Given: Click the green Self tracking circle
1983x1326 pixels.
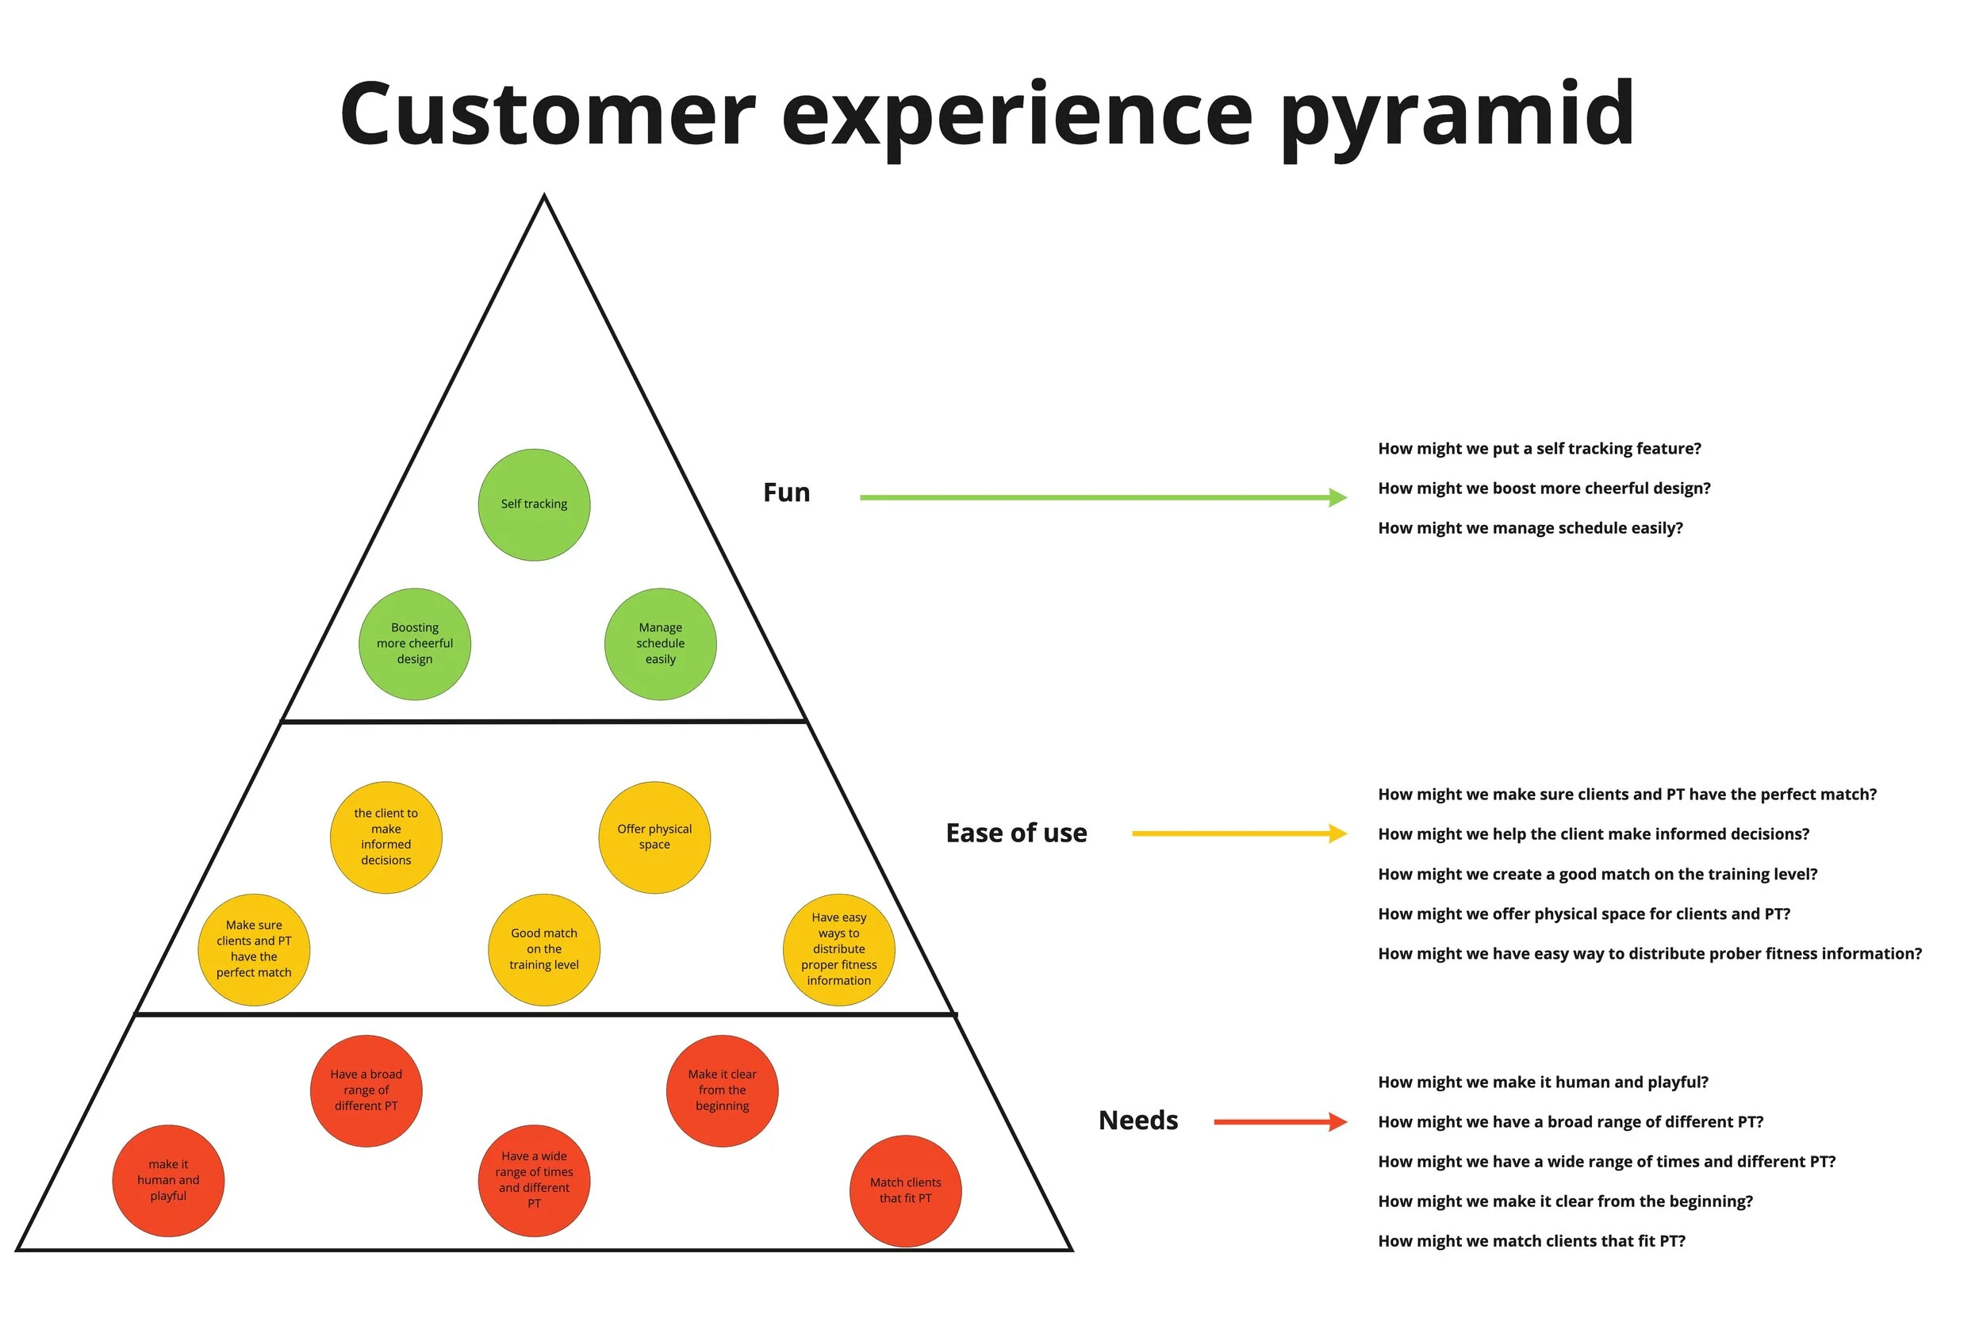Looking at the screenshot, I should coord(534,505).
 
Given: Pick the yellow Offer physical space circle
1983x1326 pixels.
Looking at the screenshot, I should coord(654,837).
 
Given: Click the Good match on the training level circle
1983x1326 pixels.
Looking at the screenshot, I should coord(544,949).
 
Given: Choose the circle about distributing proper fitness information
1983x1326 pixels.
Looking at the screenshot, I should coord(838,949).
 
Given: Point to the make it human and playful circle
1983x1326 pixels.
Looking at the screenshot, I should coord(168,1181).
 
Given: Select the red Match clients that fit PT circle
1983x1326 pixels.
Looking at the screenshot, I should coord(905,1190).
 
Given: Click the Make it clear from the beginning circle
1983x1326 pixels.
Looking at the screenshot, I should coord(721,1091).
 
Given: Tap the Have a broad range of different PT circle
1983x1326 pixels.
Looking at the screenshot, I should coord(366,1091).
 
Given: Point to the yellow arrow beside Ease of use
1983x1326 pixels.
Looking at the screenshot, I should coord(1238,834).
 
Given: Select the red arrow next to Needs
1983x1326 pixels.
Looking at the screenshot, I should coord(1279,1122).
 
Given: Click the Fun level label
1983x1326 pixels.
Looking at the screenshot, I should coord(785,492).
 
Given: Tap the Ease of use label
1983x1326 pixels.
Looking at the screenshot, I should coord(1015,833).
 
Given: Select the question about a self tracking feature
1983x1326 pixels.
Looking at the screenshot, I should coord(1539,448).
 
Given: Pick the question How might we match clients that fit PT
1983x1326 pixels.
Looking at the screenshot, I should coord(1531,1240).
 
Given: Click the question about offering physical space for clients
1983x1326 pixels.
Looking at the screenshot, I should coord(1583,914).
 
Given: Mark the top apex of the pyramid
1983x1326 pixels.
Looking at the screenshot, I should coord(544,197).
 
